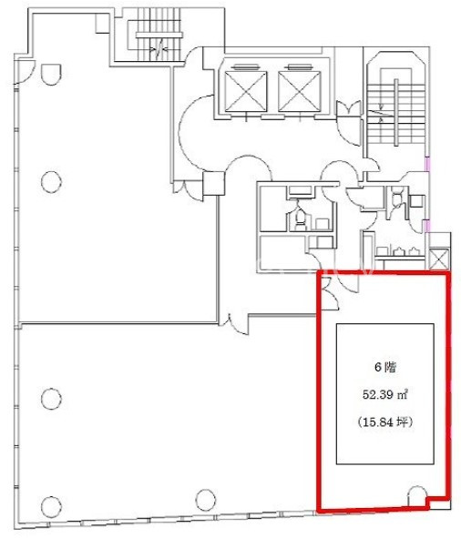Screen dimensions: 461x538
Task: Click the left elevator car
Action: [245, 91]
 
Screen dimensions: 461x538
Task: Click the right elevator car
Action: [299, 91]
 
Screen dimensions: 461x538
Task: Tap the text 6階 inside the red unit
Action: [385, 367]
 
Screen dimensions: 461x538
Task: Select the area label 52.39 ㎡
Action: [385, 394]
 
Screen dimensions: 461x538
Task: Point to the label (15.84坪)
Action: [385, 421]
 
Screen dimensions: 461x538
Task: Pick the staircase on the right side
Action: [396, 111]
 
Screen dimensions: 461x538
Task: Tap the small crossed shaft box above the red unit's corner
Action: [439, 259]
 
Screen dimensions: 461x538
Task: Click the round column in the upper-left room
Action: [51, 181]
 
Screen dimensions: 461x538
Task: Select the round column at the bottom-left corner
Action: [51, 506]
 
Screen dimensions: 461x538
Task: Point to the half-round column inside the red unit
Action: [416, 496]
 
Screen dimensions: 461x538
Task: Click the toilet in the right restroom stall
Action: [396, 198]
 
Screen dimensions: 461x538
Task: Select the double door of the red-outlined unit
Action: [331, 291]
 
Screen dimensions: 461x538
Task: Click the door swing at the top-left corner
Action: [26, 71]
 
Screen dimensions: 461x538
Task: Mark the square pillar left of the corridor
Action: [214, 183]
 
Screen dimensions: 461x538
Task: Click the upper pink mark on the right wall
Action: [427, 164]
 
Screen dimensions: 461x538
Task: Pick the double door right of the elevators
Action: [349, 108]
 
